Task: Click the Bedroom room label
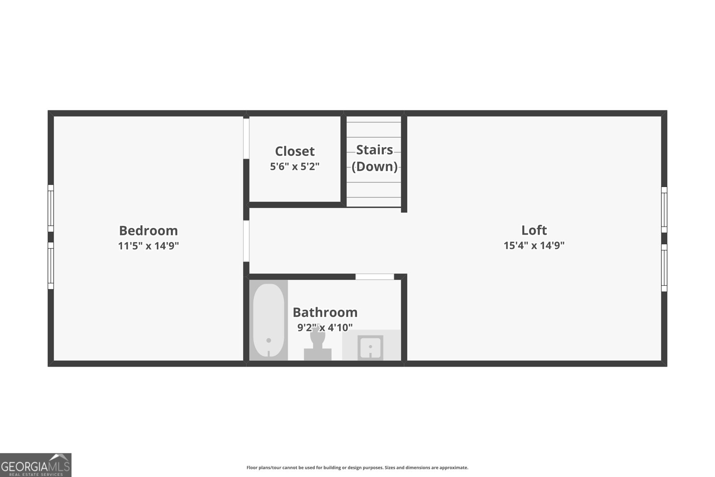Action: point(148,230)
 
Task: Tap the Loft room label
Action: point(534,230)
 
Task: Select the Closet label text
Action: point(294,151)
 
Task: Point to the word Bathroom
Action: point(325,312)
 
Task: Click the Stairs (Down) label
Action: point(374,158)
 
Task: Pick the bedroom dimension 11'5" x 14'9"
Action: point(148,246)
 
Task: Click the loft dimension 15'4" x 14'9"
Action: point(534,245)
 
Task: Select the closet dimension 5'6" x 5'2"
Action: point(294,166)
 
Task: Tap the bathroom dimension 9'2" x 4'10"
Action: point(325,327)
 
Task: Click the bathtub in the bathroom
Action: point(269,320)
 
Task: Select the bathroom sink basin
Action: point(370,347)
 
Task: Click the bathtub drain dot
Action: point(269,340)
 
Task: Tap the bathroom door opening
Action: point(375,277)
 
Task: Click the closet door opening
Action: point(246,139)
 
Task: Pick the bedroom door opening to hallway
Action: point(246,241)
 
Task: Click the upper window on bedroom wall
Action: point(51,208)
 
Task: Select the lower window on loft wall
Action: point(664,268)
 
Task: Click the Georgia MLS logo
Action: point(35,465)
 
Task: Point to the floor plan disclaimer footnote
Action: point(357,468)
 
